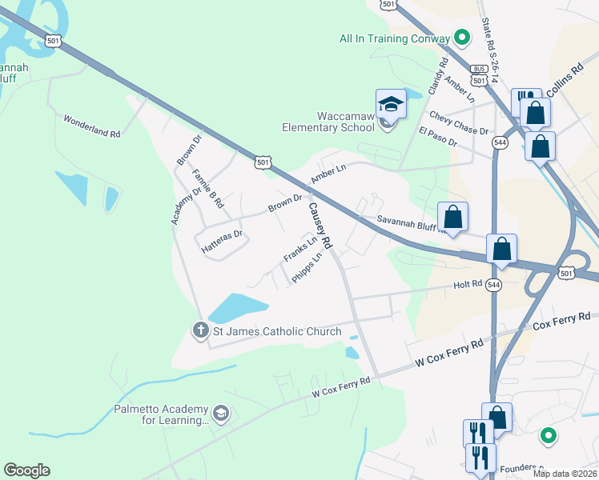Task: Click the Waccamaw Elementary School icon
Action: click(391, 105)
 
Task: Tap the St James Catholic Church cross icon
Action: click(200, 330)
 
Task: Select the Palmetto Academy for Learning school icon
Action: click(222, 414)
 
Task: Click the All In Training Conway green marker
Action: click(461, 38)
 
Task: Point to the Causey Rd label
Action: click(317, 223)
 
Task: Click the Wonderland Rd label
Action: click(92, 126)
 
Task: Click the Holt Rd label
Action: click(468, 284)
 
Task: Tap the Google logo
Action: click(26, 470)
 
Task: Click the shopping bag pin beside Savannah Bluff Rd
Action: click(452, 217)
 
